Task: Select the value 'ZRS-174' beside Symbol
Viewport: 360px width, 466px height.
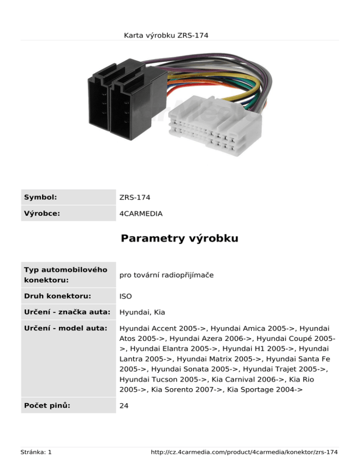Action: tap(135, 198)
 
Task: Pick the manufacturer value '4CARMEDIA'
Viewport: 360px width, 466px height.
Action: tap(141, 214)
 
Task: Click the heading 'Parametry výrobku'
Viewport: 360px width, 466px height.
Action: tap(180, 239)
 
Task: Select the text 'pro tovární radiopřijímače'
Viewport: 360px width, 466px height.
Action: tap(166, 275)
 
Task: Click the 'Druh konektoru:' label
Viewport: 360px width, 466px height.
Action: tap(57, 296)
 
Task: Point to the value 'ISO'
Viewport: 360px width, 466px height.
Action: tap(125, 296)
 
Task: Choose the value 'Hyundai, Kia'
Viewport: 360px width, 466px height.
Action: tap(142, 312)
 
